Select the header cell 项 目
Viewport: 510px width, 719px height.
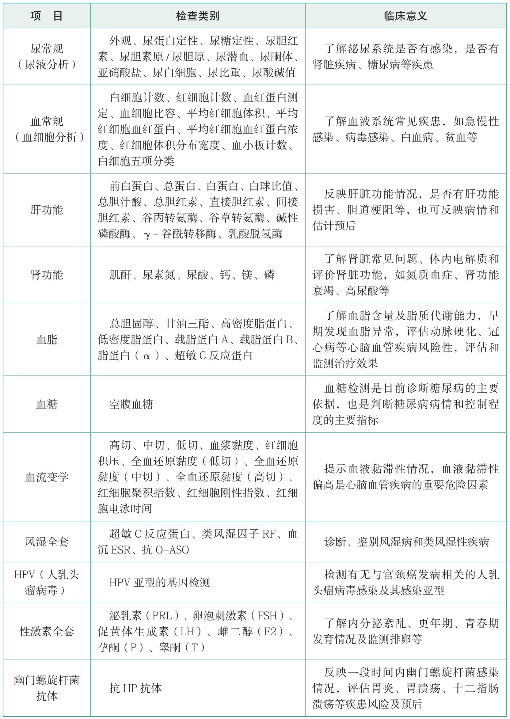[47, 16]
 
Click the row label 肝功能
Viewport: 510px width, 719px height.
[47, 210]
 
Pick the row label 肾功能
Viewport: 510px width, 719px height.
[47, 275]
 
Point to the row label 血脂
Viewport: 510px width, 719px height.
[47, 339]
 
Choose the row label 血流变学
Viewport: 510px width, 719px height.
[47, 477]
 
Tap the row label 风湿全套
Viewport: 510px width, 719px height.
[47, 542]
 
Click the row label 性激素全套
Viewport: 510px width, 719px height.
[47, 631]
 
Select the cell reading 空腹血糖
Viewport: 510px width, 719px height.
[131, 404]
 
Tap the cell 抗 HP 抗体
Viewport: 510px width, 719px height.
[135, 688]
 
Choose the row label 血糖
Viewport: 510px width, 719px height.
[47, 404]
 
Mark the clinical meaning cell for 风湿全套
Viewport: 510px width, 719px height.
[406, 542]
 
